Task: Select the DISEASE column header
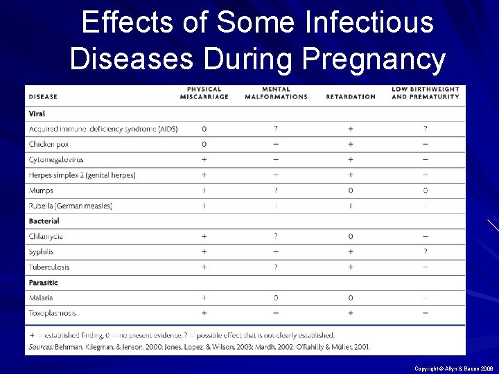pyautogui.click(x=43, y=96)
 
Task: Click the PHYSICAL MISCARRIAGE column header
pyautogui.click(x=204, y=93)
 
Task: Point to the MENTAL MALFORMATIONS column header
pyautogui.click(x=276, y=93)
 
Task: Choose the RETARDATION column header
pyautogui.click(x=351, y=96)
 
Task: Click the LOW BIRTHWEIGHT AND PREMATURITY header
pyautogui.click(x=425, y=93)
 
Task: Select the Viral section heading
pyautogui.click(x=37, y=114)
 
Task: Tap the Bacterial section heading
pyautogui.click(x=44, y=221)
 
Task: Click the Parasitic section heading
pyautogui.click(x=43, y=283)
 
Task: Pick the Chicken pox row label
pyautogui.click(x=49, y=144)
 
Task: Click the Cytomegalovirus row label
pyautogui.click(x=57, y=159)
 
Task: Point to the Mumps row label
pyautogui.click(x=41, y=190)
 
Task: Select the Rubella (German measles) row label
pyautogui.click(x=70, y=206)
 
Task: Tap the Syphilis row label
pyautogui.click(x=41, y=252)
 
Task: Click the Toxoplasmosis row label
pyautogui.click(x=53, y=313)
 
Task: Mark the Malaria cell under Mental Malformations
pyautogui.click(x=276, y=298)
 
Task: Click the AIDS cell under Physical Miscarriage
pyautogui.click(x=204, y=129)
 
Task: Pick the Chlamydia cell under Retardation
pyautogui.click(x=351, y=237)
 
